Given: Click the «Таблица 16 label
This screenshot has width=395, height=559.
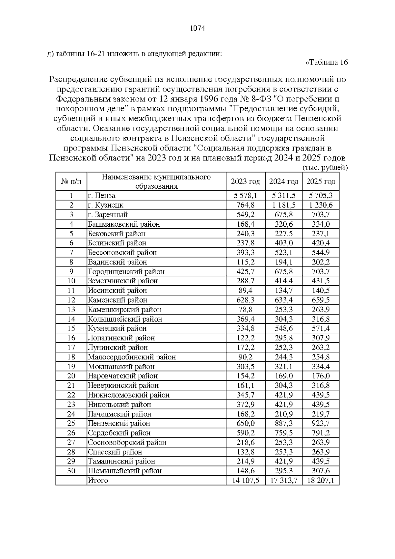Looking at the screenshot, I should point(327,62).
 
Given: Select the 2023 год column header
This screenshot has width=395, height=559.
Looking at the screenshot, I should point(245,182).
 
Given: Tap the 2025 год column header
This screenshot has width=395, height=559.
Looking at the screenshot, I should point(321,182).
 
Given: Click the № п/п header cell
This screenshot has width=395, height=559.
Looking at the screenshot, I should point(71,182).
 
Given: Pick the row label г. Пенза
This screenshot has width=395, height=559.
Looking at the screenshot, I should point(101,196).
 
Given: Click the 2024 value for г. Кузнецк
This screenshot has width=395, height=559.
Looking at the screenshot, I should point(284,205).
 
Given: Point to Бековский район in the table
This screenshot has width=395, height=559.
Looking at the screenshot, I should point(117,234).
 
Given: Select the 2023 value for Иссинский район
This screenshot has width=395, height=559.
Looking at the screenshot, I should point(246,291).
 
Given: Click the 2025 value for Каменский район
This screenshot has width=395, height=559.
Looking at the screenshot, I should point(321,300).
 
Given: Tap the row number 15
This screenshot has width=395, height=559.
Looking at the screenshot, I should point(71,328).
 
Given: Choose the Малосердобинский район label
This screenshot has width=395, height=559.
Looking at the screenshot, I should point(132,357).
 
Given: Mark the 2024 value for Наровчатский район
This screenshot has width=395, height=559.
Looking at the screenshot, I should point(284,376).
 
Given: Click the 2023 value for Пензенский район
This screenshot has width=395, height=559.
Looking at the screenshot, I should point(246,423).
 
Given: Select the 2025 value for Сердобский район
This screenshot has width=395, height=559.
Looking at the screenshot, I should point(321,433).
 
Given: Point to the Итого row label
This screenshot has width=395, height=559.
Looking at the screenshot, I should point(98,481).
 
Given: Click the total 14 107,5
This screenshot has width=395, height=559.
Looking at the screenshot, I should point(246,481).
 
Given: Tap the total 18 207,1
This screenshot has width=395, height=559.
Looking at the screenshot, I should point(321,481).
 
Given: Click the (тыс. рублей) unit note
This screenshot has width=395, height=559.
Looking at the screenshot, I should point(325,168).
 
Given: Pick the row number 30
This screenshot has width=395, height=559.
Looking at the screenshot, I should point(71,471).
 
